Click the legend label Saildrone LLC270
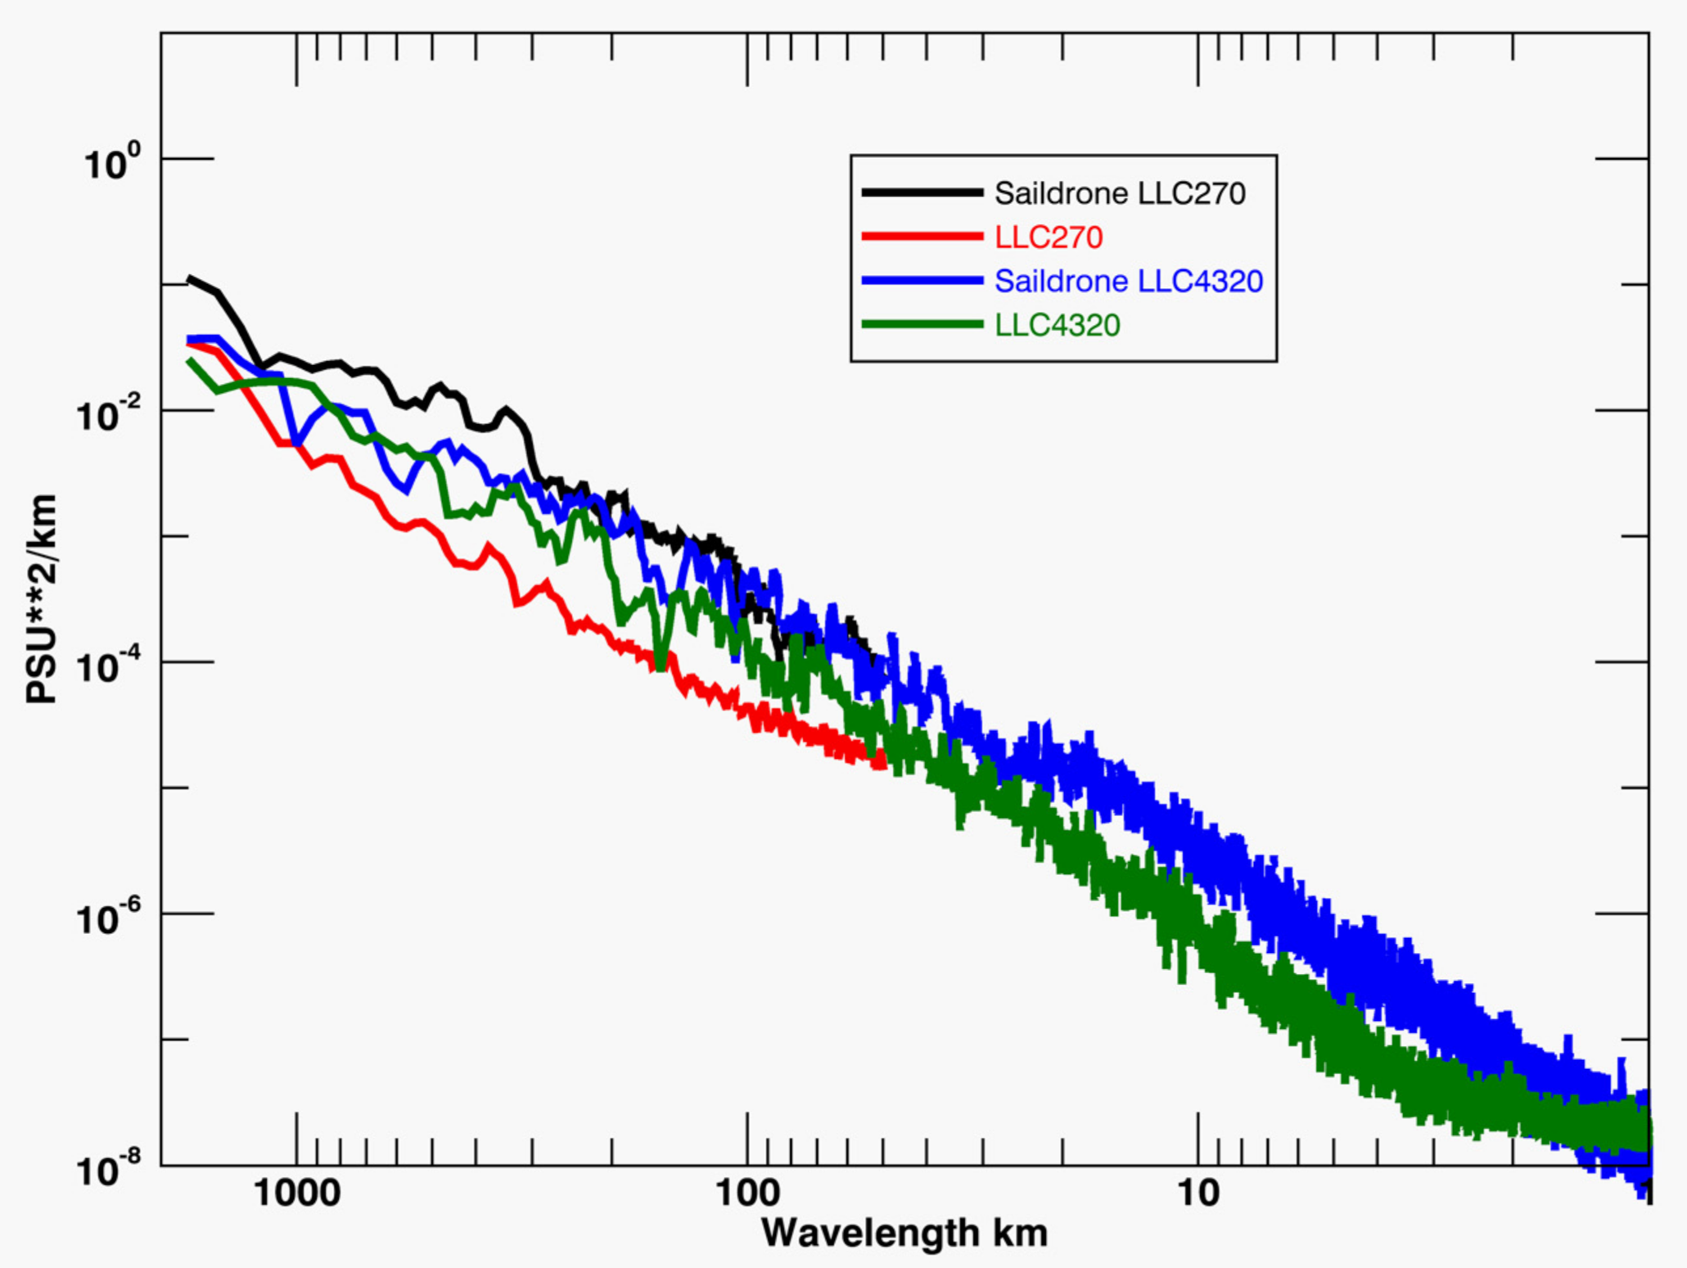click(x=1120, y=194)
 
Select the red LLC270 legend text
click(x=1049, y=238)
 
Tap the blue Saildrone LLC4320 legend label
click(x=1129, y=282)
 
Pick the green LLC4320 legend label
click(x=1057, y=326)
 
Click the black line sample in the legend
click(x=922, y=193)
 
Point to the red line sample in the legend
click(x=922, y=237)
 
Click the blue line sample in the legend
click(x=922, y=281)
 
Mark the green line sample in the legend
click(x=922, y=325)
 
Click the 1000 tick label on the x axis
click(x=296, y=1194)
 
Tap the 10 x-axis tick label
click(x=1198, y=1194)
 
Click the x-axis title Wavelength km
click(x=904, y=1233)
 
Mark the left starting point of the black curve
click(x=189, y=279)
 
